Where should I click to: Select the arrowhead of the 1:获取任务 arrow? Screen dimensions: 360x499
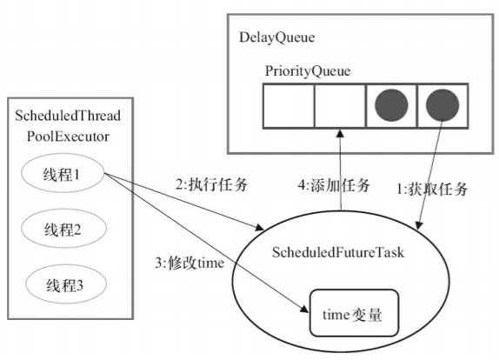coord(422,225)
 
